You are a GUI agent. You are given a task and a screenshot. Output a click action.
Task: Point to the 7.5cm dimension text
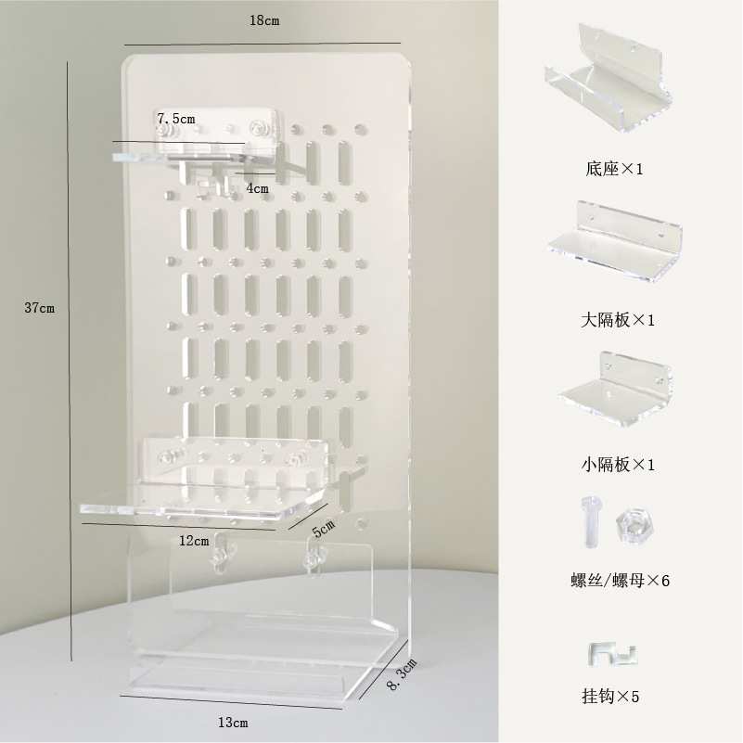(x=176, y=118)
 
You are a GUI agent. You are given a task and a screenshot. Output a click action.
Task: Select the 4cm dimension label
(x=257, y=187)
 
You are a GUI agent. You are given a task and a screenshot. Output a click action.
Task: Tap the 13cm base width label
(x=234, y=722)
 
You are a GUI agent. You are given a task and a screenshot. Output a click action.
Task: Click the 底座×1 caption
(x=615, y=170)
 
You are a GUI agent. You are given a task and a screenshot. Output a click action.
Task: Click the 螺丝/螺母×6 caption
(x=620, y=581)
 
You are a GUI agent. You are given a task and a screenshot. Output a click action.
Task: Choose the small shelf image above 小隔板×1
(x=617, y=389)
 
